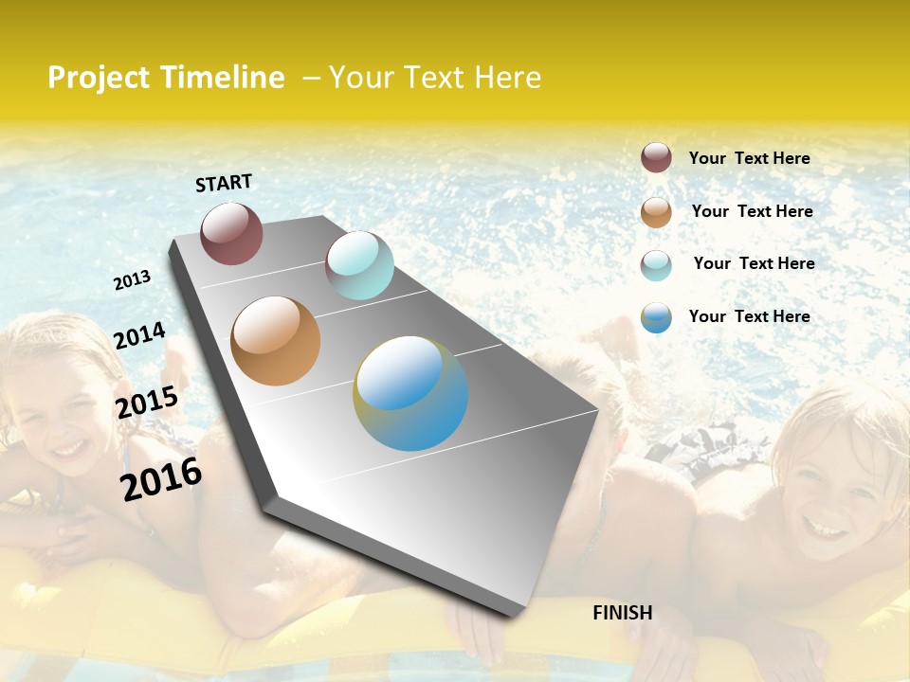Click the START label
pyautogui.click(x=224, y=183)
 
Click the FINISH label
pyautogui.click(x=623, y=613)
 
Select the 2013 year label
pyautogui.click(x=133, y=280)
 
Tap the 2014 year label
pyautogui.click(x=140, y=335)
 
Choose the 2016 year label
pyautogui.click(x=161, y=479)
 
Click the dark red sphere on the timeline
pyautogui.click(x=231, y=233)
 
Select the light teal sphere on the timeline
pyautogui.click(x=359, y=265)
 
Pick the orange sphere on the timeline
pyautogui.click(x=276, y=341)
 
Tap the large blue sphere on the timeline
pyautogui.click(x=410, y=393)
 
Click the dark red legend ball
pyautogui.click(x=656, y=157)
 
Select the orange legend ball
pyautogui.click(x=656, y=212)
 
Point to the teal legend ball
pyautogui.click(x=656, y=265)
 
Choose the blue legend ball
pyautogui.click(x=656, y=317)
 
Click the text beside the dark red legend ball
pyautogui.click(x=749, y=158)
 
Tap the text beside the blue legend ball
pyautogui.click(x=749, y=316)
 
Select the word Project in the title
pyautogui.click(x=98, y=78)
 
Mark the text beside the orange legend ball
pyautogui.click(x=752, y=211)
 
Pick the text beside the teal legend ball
pyautogui.click(x=754, y=263)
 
